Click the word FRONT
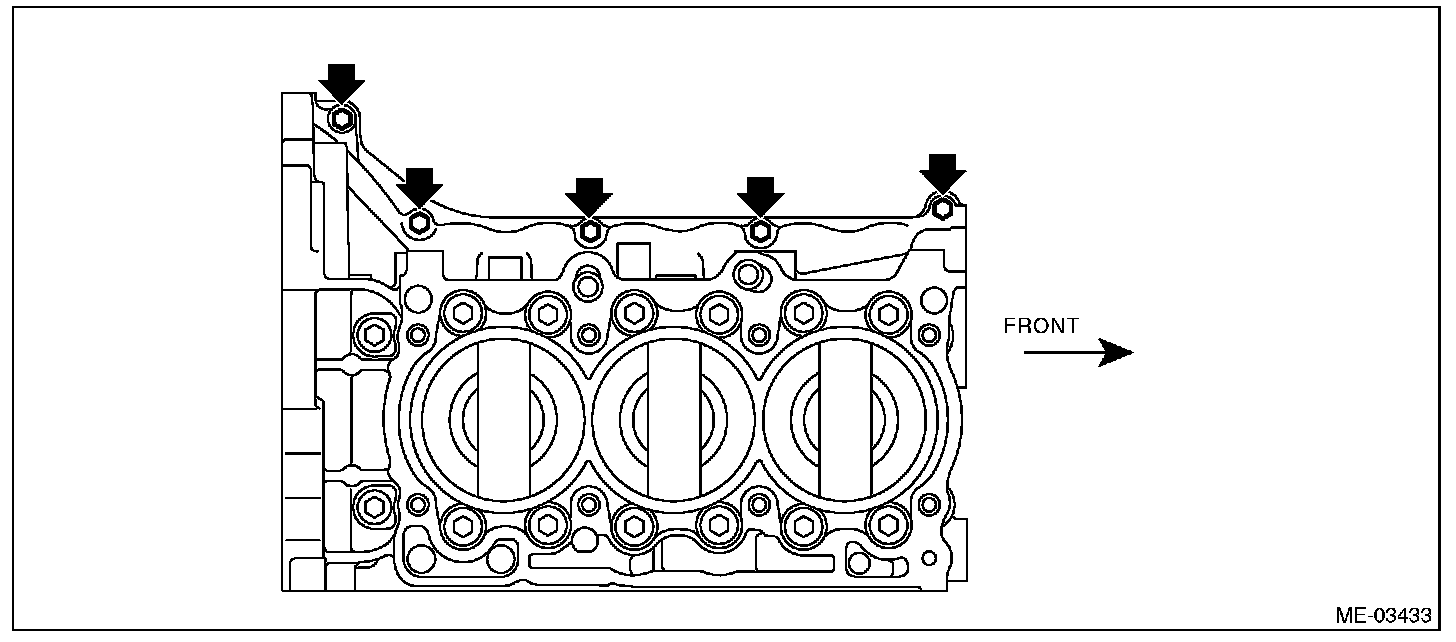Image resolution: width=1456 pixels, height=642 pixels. click(x=1041, y=326)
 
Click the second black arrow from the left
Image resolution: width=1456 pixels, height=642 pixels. click(x=419, y=186)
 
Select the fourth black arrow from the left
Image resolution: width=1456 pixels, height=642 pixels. click(x=761, y=195)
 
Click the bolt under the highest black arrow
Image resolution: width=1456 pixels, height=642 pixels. click(x=343, y=118)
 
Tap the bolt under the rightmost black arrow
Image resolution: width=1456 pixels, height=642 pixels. click(x=942, y=208)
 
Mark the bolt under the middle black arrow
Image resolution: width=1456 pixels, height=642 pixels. click(x=589, y=231)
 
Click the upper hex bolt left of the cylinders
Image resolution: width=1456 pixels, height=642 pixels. click(x=374, y=333)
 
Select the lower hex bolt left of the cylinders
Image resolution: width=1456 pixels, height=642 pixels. click(x=374, y=506)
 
